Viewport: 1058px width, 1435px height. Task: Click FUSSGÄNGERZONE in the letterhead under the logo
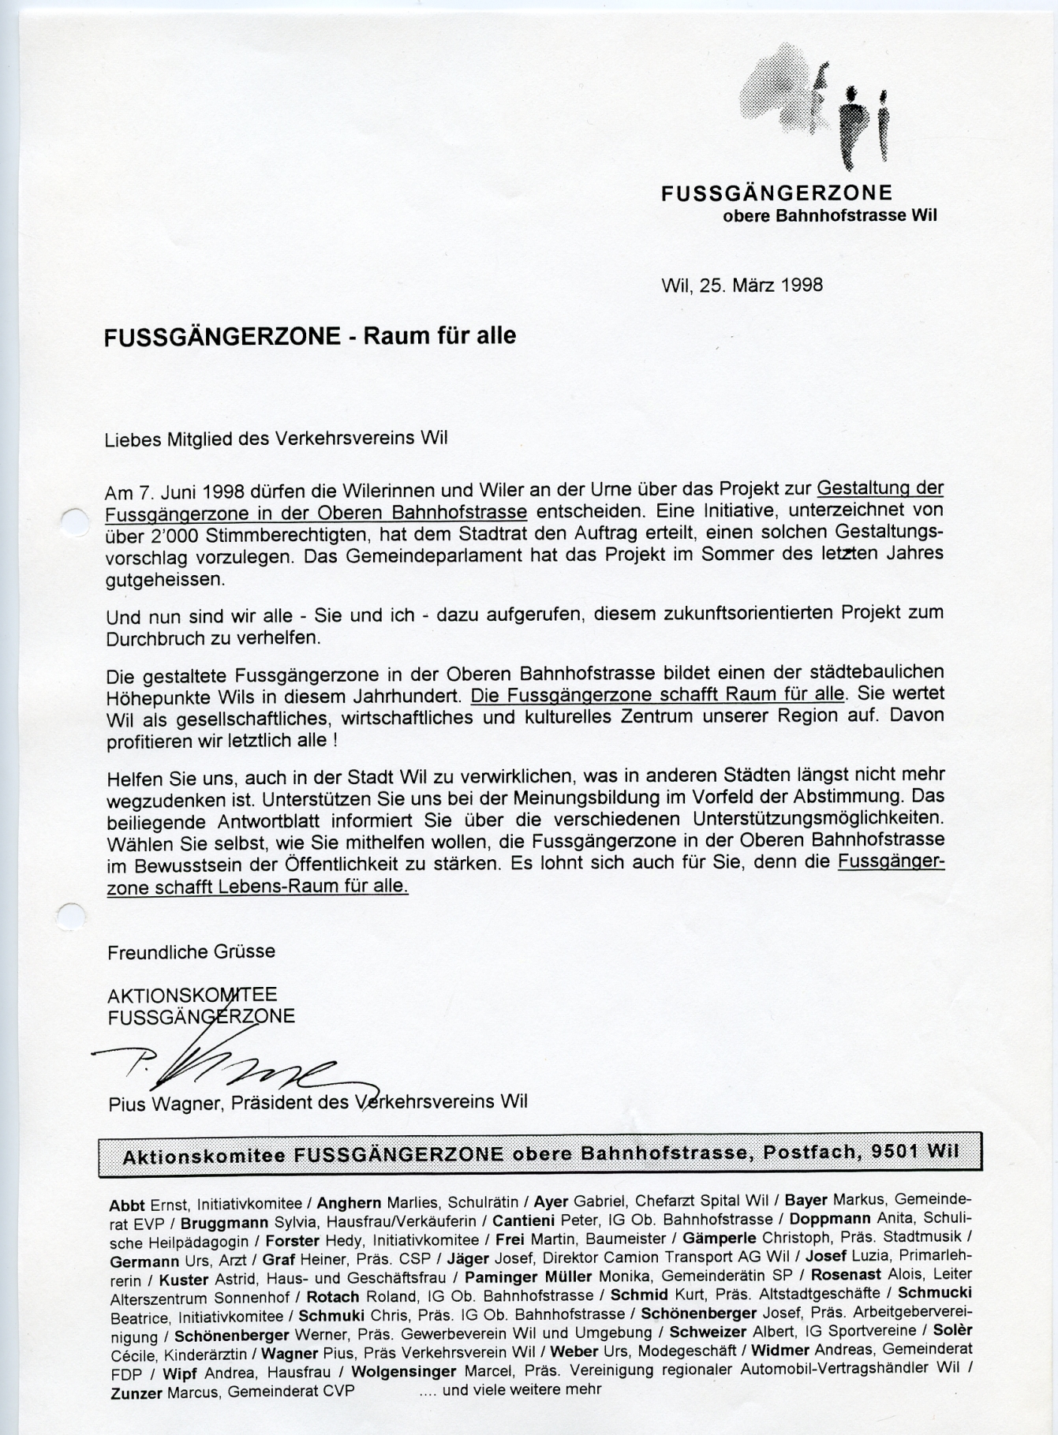776,193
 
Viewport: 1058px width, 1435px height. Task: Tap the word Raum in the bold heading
400,336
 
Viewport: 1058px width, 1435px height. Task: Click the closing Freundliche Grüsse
191,951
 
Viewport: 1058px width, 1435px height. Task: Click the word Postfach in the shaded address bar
801,1153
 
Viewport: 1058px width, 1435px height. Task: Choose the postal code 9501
895,1152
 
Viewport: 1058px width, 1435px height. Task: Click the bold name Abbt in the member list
127,1205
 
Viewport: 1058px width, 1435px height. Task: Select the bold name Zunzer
136,1393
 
